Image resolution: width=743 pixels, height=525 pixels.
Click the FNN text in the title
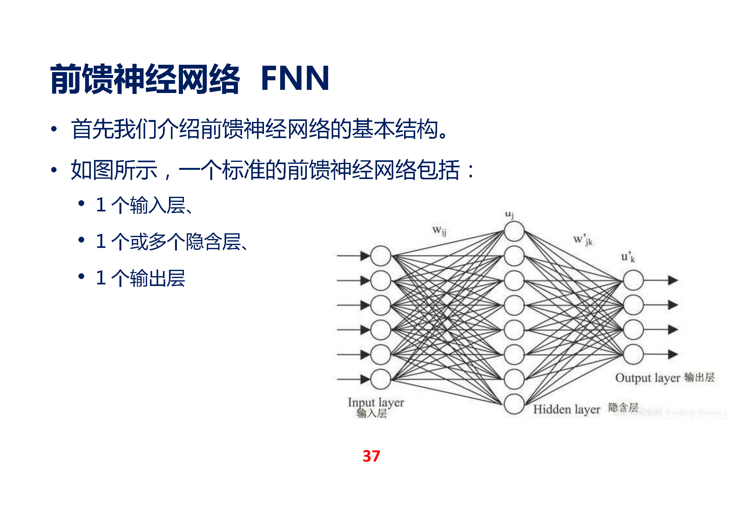(x=295, y=78)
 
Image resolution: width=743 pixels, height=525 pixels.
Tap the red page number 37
(x=371, y=456)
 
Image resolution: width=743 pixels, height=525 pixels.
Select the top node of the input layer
(x=381, y=256)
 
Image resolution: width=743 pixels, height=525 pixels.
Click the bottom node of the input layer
(x=381, y=379)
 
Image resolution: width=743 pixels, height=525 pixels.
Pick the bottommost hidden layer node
(x=514, y=404)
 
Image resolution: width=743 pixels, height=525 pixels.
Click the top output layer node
(x=633, y=280)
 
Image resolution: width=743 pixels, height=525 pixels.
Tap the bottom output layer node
(x=633, y=354)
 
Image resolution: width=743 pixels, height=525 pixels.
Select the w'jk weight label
(x=583, y=240)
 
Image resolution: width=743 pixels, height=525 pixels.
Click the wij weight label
(x=439, y=231)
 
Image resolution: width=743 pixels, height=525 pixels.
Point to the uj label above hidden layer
(x=509, y=214)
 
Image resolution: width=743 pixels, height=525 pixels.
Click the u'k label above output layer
(x=628, y=257)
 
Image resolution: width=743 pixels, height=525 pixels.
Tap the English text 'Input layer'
(x=376, y=402)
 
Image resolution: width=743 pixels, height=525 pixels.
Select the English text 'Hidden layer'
(x=566, y=409)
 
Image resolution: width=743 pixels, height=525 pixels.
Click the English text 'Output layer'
(x=647, y=378)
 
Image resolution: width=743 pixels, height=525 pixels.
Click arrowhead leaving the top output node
(x=673, y=280)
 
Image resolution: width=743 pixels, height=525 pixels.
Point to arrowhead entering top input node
(x=365, y=256)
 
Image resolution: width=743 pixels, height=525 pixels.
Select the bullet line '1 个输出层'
(x=140, y=278)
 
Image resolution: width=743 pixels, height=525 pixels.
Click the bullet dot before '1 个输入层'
(x=81, y=203)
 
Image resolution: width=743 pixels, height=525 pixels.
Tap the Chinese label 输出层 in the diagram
(x=699, y=377)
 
